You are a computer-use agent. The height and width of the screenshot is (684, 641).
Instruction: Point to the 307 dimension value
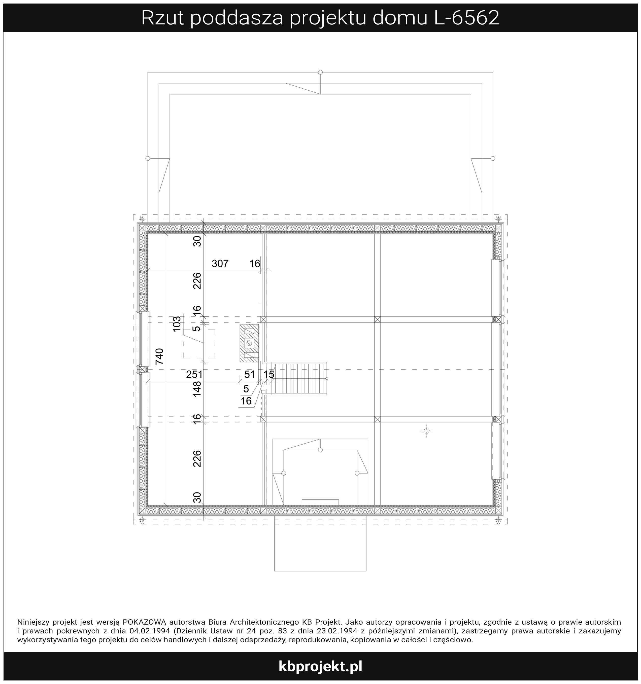coord(220,264)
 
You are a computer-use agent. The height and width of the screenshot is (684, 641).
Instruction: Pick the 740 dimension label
coord(159,356)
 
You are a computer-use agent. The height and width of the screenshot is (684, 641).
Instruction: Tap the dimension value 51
coord(250,374)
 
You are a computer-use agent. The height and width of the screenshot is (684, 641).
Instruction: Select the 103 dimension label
coord(177,324)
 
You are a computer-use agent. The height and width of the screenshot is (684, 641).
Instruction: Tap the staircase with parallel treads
coord(298,378)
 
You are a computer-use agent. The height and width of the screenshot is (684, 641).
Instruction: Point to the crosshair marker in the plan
coord(427,431)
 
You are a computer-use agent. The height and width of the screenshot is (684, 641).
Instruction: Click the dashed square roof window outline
coord(199,344)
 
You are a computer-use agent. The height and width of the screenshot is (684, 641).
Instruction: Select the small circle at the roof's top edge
coord(320,72)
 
